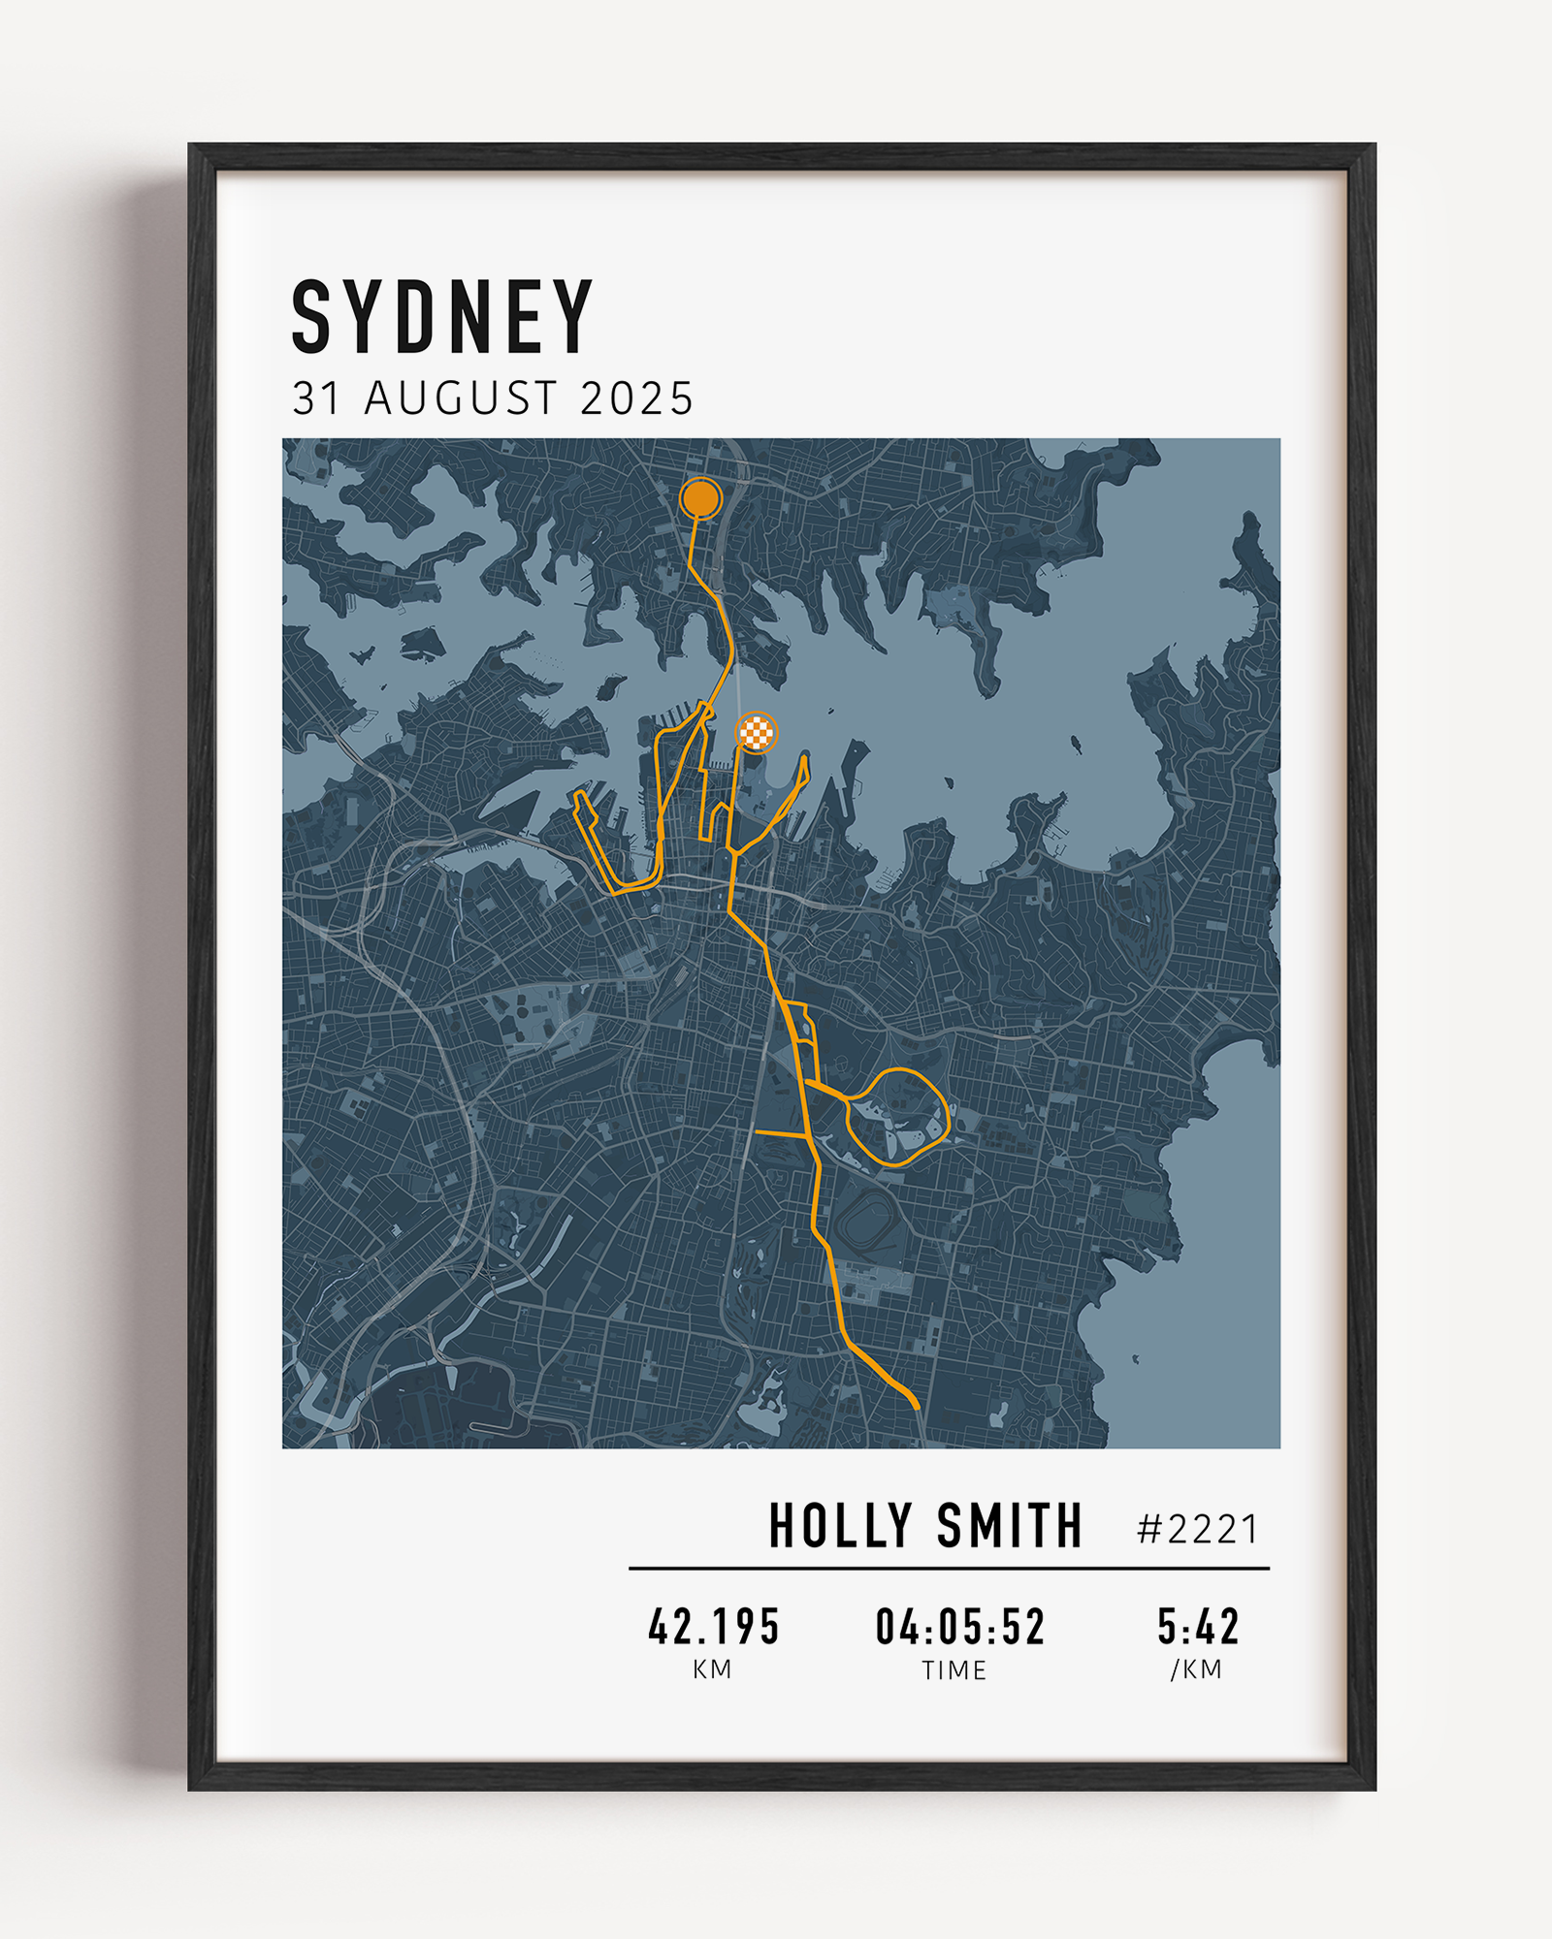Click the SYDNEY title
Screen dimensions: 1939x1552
click(x=441, y=317)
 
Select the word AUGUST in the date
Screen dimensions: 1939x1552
click(x=461, y=398)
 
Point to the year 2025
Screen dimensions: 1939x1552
click(x=636, y=398)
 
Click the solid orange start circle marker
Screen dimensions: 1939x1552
click(x=700, y=498)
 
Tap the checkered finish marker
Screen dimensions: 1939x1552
click(x=757, y=732)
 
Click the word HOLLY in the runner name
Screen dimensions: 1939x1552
click(x=840, y=1526)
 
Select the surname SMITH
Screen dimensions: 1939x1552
click(x=1009, y=1526)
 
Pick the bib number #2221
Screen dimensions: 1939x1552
click(x=1198, y=1530)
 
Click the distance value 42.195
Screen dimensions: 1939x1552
click(x=714, y=1627)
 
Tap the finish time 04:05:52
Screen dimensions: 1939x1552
click(x=960, y=1627)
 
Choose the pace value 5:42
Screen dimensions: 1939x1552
click(x=1198, y=1627)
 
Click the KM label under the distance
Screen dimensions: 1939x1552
click(x=712, y=1669)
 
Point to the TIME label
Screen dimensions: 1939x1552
click(x=954, y=1669)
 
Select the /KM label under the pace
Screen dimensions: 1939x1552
click(x=1196, y=1669)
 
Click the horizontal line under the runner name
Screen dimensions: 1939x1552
click(x=949, y=1568)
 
